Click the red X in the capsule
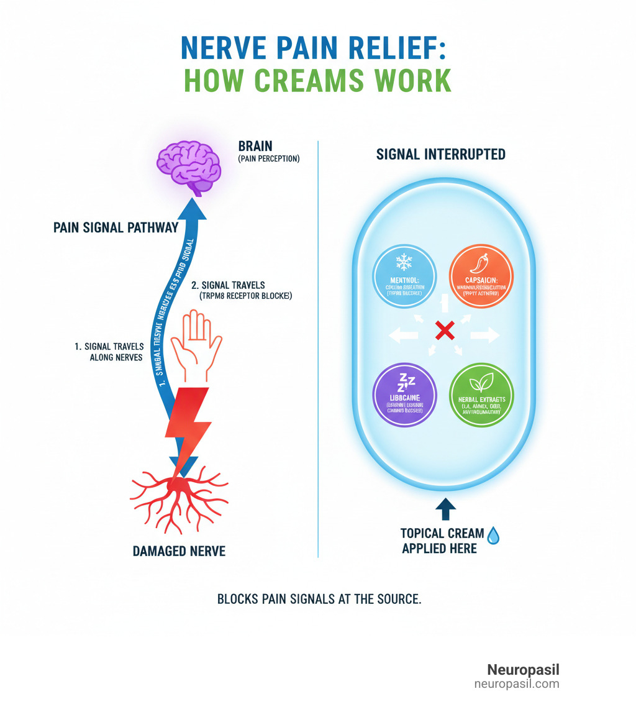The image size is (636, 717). [x=444, y=330]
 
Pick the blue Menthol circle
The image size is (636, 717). [x=403, y=276]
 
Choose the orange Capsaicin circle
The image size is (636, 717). [x=481, y=275]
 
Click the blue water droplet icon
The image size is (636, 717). [x=493, y=536]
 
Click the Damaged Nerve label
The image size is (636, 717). [x=179, y=550]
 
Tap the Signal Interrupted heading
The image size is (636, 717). [x=441, y=154]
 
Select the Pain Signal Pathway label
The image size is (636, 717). [x=116, y=227]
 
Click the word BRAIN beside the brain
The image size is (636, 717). [x=255, y=146]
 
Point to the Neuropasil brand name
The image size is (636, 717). [x=523, y=670]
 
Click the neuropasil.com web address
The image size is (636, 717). [x=517, y=684]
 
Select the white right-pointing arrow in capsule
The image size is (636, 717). [x=484, y=336]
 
